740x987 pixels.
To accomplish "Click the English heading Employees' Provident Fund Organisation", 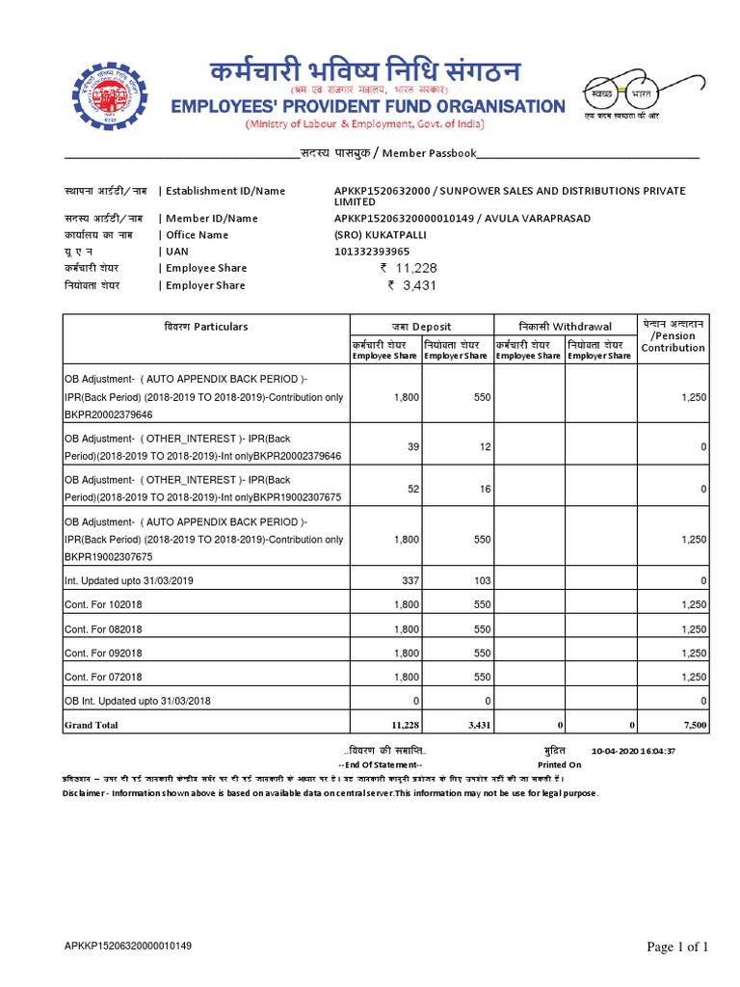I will [367, 106].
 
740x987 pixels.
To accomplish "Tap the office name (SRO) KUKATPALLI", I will [380, 235].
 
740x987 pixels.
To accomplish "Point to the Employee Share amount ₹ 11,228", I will [410, 268].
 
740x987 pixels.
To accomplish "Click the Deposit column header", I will [420, 327].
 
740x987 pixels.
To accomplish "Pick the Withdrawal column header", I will [564, 327].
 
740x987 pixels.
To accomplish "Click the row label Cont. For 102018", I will [103, 604].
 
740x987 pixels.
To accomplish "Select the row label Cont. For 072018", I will [103, 678].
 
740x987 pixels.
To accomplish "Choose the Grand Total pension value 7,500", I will [693, 725].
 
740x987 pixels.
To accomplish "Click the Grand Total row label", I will [92, 725].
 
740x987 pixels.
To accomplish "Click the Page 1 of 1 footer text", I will [676, 947].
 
